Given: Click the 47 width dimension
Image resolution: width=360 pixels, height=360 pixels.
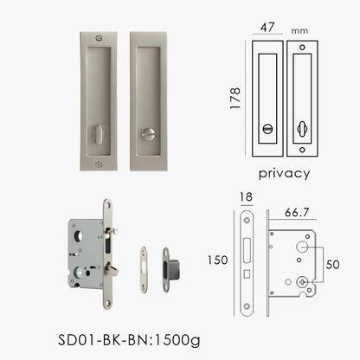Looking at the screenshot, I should pos(265,26).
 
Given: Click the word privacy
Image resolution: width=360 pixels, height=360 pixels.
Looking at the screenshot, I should pos(283,172).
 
